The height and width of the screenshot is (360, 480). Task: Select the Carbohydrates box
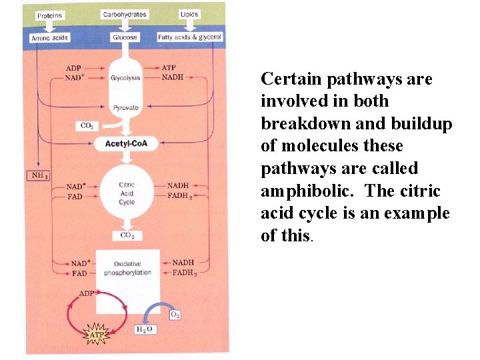click(125, 14)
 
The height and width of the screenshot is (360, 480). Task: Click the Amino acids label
click(50, 38)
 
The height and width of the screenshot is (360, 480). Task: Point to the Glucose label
click(125, 37)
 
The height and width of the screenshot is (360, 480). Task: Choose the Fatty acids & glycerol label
click(190, 37)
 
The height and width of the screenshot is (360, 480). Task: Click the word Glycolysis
click(125, 78)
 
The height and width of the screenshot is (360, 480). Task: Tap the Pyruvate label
click(125, 107)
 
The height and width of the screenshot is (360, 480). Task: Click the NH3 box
click(37, 176)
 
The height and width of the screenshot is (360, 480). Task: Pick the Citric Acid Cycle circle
click(127, 193)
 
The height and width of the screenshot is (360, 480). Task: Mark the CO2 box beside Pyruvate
click(87, 125)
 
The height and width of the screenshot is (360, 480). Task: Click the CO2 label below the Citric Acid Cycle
click(127, 235)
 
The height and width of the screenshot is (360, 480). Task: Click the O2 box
click(175, 314)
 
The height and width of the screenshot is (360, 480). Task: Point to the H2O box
click(145, 329)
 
